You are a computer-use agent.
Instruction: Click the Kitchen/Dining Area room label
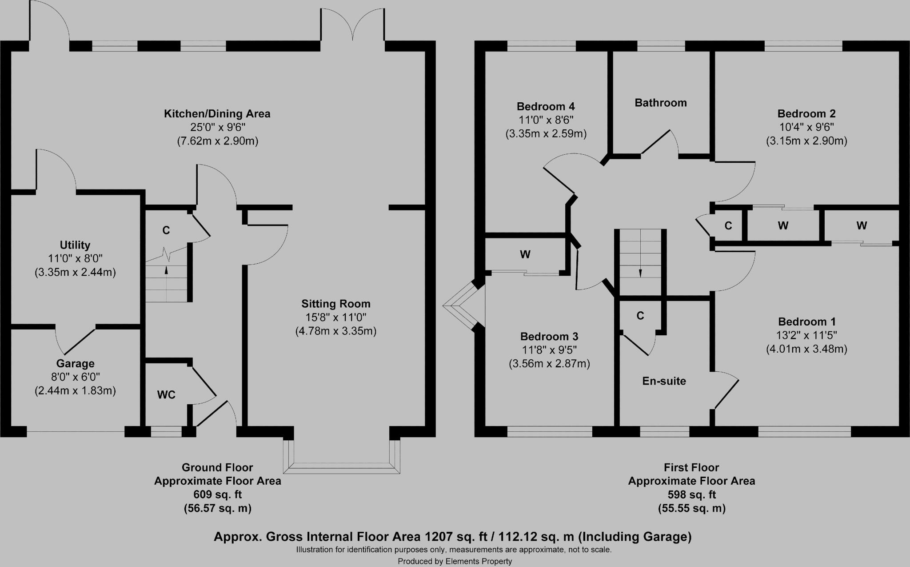217,114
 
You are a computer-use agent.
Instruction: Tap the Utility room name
75,245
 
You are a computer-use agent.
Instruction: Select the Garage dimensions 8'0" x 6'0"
75,377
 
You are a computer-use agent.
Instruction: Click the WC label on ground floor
166,395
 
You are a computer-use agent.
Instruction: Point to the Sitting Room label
335,304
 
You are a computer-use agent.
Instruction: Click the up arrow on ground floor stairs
167,269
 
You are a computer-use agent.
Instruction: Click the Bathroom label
660,103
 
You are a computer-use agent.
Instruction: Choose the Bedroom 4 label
546,107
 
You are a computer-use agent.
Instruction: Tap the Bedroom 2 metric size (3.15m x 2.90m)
806,141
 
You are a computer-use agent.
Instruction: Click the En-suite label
664,381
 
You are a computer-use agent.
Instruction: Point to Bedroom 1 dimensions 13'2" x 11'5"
806,335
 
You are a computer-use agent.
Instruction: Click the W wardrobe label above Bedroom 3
525,255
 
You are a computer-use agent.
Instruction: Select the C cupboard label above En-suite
640,316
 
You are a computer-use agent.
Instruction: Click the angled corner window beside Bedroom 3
460,306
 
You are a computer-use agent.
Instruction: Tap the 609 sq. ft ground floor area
217,495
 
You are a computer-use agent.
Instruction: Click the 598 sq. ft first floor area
691,495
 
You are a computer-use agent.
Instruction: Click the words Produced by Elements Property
455,561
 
